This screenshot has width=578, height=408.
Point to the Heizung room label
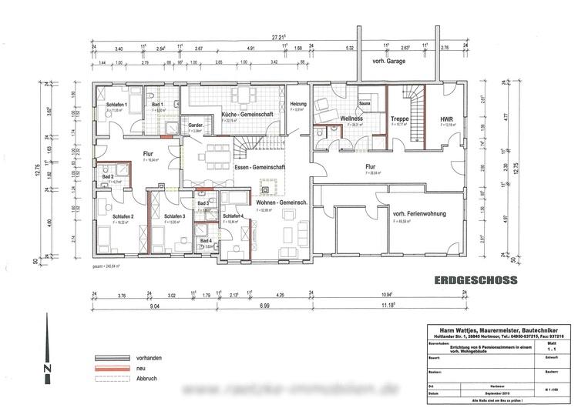(x=297, y=104)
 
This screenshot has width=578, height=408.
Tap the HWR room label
(x=447, y=119)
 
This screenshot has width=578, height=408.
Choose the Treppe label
(x=399, y=119)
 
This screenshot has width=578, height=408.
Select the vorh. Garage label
(x=389, y=61)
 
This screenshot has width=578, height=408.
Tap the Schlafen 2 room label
(x=123, y=216)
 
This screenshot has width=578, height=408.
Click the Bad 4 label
(x=204, y=241)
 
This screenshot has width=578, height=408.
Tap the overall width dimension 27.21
(x=277, y=36)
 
